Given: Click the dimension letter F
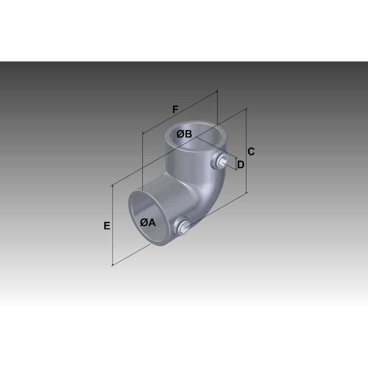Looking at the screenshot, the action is (x=175, y=109).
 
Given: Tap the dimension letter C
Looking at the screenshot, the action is (x=251, y=152).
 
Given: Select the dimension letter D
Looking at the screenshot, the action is (x=241, y=165).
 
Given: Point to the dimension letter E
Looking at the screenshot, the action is (x=107, y=226).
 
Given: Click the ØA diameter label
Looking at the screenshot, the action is (x=148, y=223).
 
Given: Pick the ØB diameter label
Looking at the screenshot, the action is (x=184, y=134).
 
